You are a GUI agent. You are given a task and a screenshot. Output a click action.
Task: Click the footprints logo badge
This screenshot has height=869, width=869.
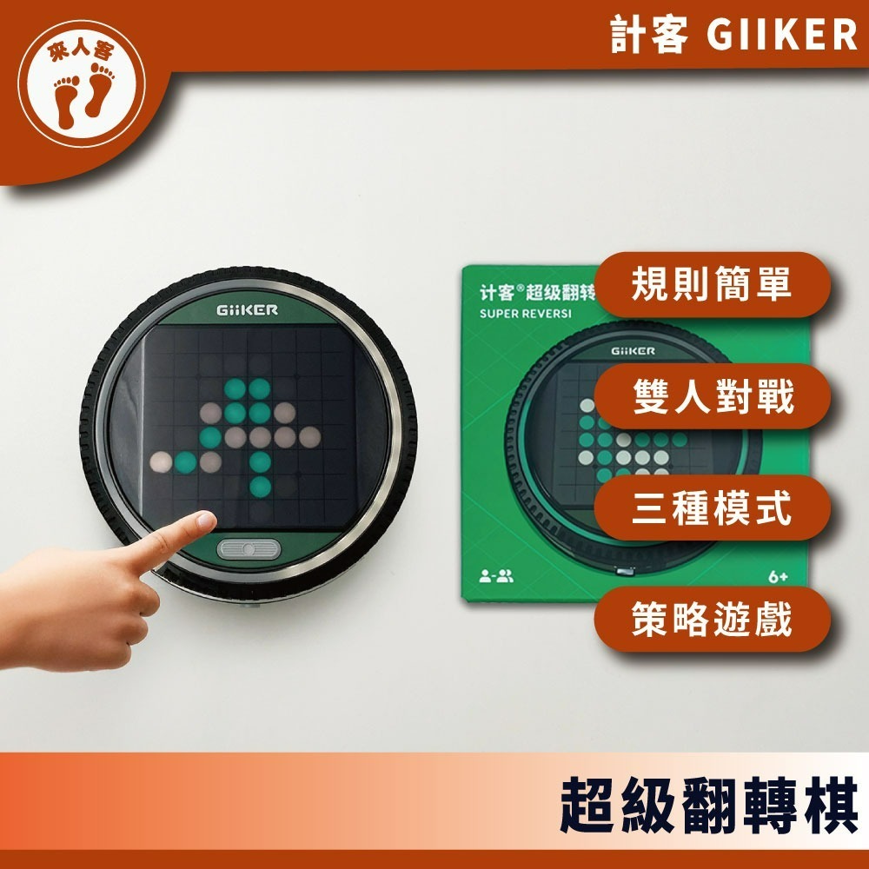pyautogui.click(x=82, y=83)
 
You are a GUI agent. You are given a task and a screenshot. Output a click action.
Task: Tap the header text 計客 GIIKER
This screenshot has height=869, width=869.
pyautogui.click(x=733, y=35)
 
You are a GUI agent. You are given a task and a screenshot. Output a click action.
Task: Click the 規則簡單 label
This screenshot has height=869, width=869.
pyautogui.click(x=712, y=284)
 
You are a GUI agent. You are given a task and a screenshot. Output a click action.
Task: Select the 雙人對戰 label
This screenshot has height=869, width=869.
pyautogui.click(x=713, y=396)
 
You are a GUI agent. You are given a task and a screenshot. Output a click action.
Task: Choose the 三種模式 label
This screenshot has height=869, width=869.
pyautogui.click(x=713, y=507)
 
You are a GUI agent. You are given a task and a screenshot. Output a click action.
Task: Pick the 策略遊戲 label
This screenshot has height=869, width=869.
pyautogui.click(x=713, y=619)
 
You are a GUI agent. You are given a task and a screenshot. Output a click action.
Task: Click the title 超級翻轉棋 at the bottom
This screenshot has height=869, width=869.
pyautogui.click(x=708, y=806)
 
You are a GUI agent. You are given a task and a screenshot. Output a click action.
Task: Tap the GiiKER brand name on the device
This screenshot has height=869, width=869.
pyautogui.click(x=247, y=310)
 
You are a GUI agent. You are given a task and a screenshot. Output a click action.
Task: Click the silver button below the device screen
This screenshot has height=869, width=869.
pyautogui.click(x=249, y=550)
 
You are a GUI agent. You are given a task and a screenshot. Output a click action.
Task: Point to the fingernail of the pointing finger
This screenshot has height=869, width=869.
pyautogui.click(x=206, y=520)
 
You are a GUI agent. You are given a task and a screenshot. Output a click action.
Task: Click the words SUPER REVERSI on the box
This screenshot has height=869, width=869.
pyautogui.click(x=526, y=314)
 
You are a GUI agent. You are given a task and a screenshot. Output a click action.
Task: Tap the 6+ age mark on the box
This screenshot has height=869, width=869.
pyautogui.click(x=778, y=577)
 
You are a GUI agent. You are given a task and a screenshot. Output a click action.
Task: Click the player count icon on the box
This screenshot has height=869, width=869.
pyautogui.click(x=496, y=576)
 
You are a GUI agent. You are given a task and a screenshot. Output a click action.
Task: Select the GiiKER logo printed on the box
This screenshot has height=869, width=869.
pyautogui.click(x=633, y=351)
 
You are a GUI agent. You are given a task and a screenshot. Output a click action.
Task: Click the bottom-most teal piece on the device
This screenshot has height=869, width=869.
pyautogui.click(x=260, y=487)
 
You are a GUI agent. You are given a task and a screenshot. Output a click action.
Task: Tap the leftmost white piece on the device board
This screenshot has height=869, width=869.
pyautogui.click(x=161, y=462)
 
